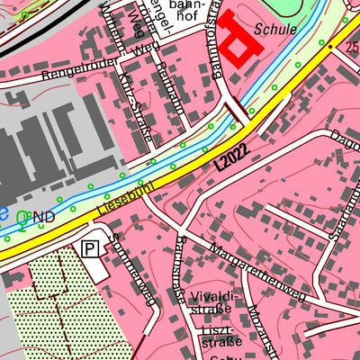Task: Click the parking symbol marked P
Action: (91, 248)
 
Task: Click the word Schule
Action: (276, 28)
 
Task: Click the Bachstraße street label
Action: (179, 270)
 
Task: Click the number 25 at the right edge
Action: (352, 46)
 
